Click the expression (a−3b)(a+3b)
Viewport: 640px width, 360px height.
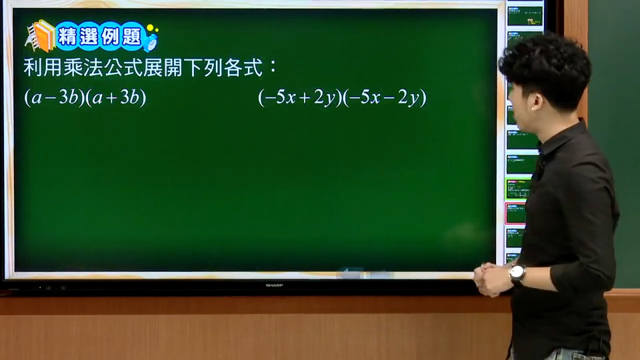tap(85, 97)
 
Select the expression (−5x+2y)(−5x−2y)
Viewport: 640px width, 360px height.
tap(342, 97)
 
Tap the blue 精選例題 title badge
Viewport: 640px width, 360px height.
tap(99, 36)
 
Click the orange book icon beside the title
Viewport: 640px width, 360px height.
tap(41, 36)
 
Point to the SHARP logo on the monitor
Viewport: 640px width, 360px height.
tap(274, 285)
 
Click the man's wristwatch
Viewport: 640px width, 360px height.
tap(517, 273)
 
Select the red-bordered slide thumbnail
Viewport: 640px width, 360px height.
tap(515, 213)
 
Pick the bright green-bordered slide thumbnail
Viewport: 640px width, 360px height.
tap(517, 189)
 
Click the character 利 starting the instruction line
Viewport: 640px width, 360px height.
tap(33, 67)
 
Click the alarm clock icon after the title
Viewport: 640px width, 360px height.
tap(151, 40)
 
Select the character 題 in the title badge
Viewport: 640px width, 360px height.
tap(131, 37)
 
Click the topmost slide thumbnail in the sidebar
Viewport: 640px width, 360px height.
tap(525, 16)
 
